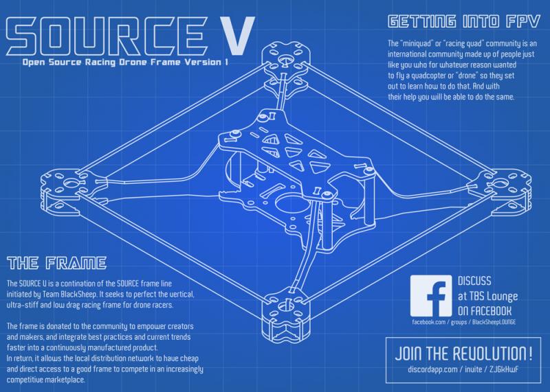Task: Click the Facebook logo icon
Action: [430, 295]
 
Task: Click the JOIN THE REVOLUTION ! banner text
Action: [463, 355]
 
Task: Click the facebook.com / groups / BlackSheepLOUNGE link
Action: [463, 322]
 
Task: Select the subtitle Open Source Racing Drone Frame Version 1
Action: [124, 62]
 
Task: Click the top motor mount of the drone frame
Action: [283, 56]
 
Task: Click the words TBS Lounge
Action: [489, 295]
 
